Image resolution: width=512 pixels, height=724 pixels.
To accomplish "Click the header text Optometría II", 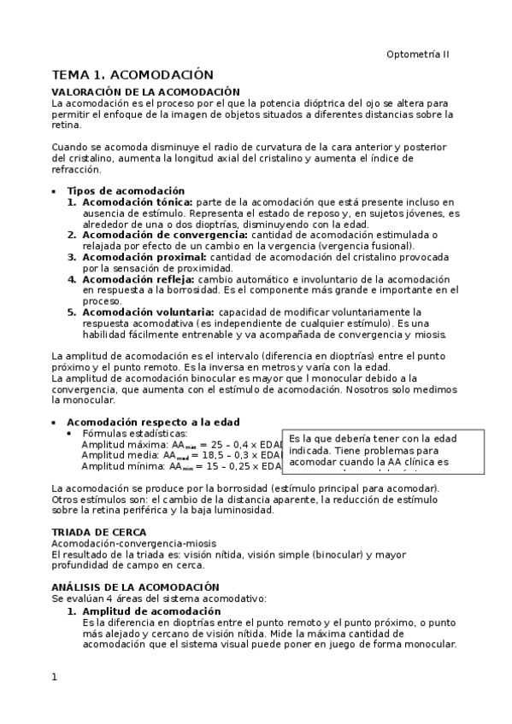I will [417, 54].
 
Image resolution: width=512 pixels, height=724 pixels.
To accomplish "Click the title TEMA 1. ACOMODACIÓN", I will [132, 75].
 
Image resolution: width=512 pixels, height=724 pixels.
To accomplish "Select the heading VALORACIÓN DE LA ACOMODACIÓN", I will [145, 92].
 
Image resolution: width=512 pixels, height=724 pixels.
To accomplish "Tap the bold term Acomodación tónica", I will [138, 201].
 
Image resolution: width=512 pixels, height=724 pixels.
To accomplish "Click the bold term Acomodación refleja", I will [138, 279].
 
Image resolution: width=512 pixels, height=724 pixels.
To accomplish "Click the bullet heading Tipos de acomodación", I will [126, 190].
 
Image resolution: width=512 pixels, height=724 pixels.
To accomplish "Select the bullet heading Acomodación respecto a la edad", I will [153, 422].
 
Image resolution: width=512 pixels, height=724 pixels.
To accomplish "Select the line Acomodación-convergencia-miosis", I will [133, 543].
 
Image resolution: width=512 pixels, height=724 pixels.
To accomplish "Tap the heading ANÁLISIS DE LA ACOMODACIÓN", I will [135, 587].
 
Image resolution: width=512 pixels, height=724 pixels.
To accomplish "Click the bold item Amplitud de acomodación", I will [151, 611].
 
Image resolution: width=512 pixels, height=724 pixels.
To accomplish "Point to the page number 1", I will [55, 677].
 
